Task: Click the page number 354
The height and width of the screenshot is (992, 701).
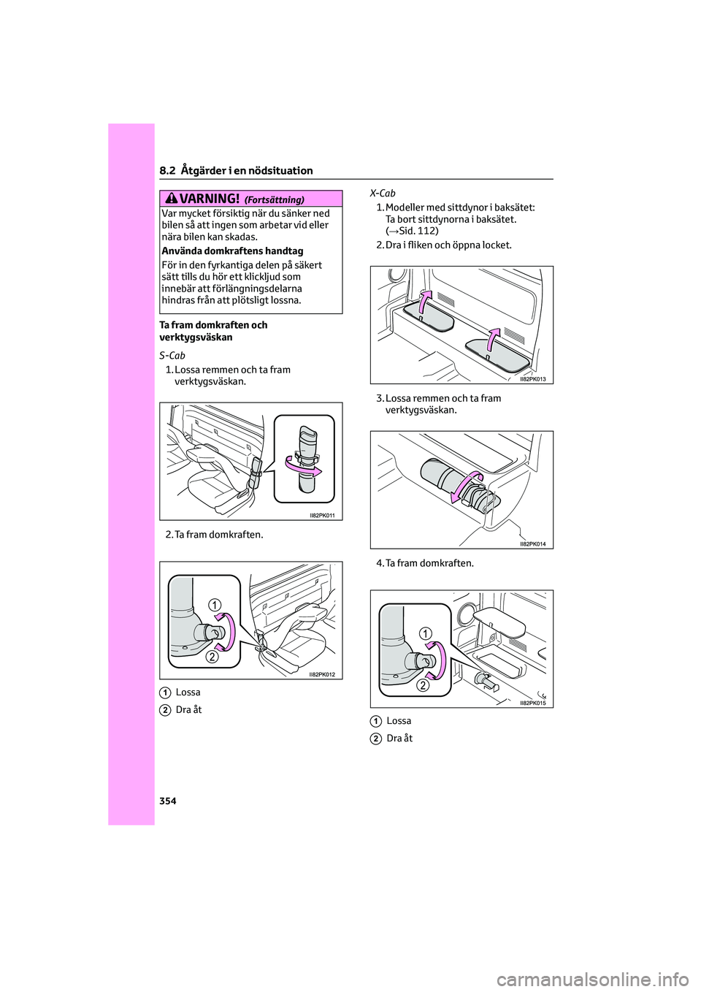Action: tap(168, 801)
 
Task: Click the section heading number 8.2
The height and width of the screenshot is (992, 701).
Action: tap(167, 170)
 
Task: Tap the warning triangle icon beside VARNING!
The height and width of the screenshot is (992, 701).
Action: tap(172, 198)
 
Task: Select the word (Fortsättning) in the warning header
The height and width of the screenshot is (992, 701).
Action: tap(274, 199)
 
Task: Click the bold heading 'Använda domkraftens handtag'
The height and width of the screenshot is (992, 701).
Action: tap(232, 251)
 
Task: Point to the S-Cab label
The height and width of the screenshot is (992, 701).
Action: tap(172, 356)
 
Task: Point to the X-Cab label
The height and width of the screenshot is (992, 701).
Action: tap(383, 193)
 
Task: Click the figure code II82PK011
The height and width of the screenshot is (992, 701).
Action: tap(322, 516)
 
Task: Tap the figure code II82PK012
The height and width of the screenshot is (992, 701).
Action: tap(322, 674)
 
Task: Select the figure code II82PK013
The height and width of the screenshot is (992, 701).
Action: tap(532, 379)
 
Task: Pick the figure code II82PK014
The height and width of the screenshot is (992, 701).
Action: tap(532, 544)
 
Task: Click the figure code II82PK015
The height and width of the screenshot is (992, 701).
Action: tap(532, 703)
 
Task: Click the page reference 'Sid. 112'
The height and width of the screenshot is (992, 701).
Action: tap(417, 231)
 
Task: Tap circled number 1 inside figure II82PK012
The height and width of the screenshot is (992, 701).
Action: tap(214, 604)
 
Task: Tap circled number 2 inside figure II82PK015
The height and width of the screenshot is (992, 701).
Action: tap(423, 685)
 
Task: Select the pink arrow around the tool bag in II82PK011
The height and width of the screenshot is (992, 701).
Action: tap(303, 466)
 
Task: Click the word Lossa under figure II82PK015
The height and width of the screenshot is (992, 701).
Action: tap(399, 721)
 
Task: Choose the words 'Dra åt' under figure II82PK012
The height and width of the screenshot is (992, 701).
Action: tap(188, 709)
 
